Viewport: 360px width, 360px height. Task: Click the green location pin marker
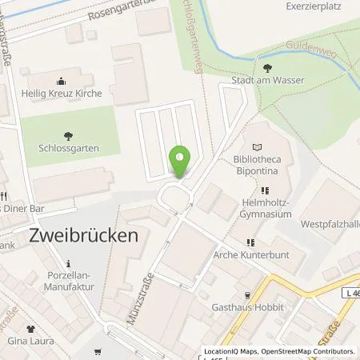coord(182,160)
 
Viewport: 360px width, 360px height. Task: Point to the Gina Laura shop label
coord(31,342)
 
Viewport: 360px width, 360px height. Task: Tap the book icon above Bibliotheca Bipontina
coord(257,147)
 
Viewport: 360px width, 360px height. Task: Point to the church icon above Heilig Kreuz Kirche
coord(61,81)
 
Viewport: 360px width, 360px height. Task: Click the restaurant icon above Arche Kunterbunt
coord(250,242)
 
